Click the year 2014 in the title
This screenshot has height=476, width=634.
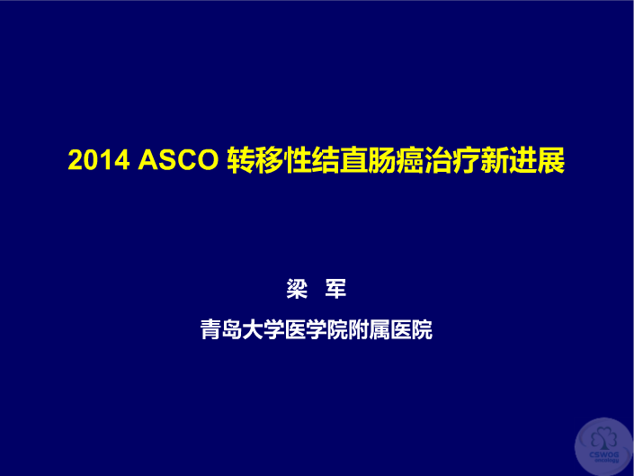99,160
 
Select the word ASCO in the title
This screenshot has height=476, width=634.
178,160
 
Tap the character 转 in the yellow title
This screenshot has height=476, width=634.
241,160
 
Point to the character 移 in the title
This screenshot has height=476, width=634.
269,160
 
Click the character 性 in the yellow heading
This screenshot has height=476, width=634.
298,160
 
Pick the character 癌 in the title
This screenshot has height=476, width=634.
410,160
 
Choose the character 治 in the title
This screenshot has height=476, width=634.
439,160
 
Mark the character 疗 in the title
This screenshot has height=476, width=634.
467,160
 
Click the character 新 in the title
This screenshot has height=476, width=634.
495,160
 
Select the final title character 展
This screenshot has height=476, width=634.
551,160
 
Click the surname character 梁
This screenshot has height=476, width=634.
297,289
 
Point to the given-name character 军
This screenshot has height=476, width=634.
335,289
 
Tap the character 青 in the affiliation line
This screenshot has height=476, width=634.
210,329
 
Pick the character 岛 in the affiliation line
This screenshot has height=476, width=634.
232,329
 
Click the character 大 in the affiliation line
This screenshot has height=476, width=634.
253,329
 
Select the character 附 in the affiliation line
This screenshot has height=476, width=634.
359,329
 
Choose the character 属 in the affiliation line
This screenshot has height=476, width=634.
380,329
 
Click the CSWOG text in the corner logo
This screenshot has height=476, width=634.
604,454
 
